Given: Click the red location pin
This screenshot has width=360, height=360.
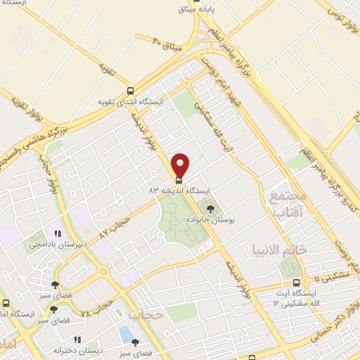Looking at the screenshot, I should tap(181, 166).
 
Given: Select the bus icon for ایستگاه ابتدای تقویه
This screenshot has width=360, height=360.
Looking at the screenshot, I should tap(130, 91).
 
